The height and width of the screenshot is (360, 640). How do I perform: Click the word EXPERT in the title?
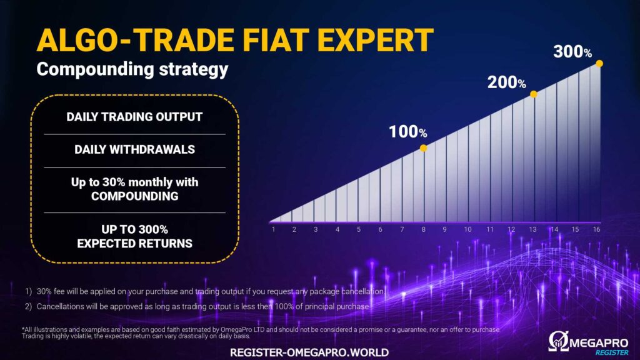pos(375,40)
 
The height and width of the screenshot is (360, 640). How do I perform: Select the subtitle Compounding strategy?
pos(132,69)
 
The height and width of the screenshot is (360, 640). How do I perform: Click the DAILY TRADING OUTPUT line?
pos(134,117)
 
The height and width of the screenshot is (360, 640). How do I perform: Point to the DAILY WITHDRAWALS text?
pos(135,149)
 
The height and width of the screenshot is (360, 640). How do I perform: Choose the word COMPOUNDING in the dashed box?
pos(135,196)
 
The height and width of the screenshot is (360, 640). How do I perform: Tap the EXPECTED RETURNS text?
pos(135,244)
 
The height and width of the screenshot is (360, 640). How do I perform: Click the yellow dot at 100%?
pos(424,148)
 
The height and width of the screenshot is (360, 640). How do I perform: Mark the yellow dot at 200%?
pos(534,94)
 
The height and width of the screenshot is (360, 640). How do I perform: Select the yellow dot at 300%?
pos(599,63)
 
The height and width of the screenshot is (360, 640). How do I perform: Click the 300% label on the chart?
pos(572,52)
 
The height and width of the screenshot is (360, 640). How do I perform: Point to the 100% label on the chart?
pos(407,132)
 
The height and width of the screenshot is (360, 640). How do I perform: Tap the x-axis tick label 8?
pos(424,229)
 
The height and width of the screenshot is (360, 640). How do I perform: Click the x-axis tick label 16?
pos(597,229)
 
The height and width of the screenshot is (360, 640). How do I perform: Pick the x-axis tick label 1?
pos(274,229)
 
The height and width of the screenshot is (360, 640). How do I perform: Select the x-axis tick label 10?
pos(467,229)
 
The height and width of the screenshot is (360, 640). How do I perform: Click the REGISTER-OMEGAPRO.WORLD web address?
pos(309,352)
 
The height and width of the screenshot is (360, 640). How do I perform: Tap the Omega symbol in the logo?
pos(559,341)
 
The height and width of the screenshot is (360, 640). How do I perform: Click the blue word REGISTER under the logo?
pos(612,352)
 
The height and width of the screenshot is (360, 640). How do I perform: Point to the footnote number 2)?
pos(28,306)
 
